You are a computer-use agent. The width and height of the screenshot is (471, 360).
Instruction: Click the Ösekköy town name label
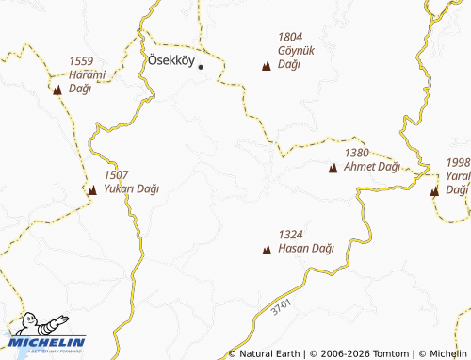pos(171,60)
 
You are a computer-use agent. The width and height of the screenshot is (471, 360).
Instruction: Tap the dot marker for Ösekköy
pos(201,67)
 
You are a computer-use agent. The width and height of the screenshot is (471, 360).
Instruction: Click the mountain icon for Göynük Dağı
pos(266,66)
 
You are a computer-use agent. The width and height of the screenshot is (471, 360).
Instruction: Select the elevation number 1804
pos(290,38)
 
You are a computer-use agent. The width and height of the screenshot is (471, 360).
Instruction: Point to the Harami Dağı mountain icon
pos(57,90)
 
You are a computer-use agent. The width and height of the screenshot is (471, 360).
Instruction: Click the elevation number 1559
pos(82,62)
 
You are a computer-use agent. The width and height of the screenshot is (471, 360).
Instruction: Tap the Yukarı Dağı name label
pos(132,188)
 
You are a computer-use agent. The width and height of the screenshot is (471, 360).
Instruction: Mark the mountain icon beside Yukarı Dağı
pos(92,190)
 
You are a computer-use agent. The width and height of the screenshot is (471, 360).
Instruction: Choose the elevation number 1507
pos(116,175)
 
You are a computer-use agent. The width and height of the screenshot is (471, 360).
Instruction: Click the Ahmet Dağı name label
pos(373,167)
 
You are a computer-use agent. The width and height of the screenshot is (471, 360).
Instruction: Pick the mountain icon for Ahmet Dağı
pos(333,169)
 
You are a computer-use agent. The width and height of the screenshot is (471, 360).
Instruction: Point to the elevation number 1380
pos(357,153)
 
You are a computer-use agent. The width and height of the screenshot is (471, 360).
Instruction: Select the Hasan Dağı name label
pos(307,249)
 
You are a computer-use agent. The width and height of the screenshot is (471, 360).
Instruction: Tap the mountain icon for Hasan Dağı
pos(267,251)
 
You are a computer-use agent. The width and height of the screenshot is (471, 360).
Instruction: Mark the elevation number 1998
pos(458,162)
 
